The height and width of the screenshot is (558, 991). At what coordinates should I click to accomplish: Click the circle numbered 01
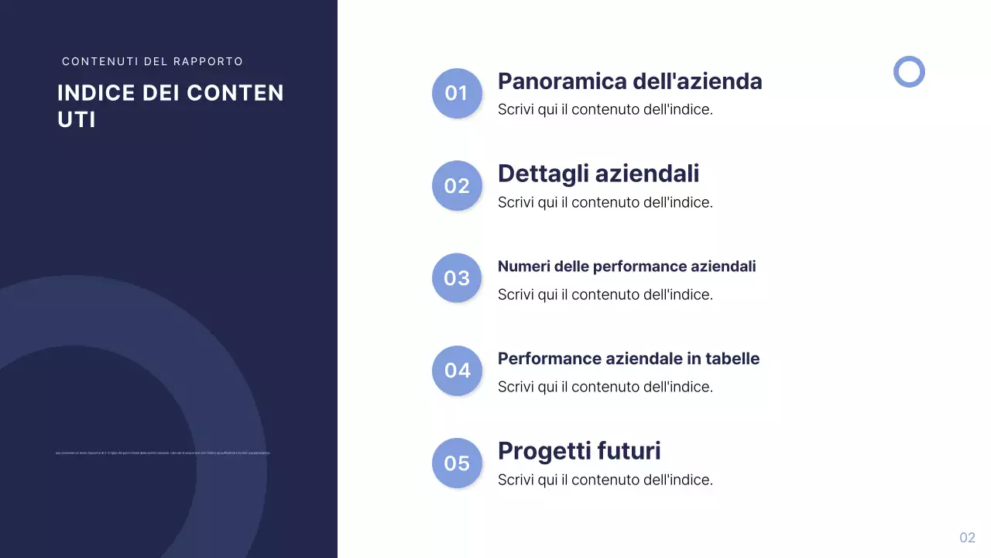point(457,93)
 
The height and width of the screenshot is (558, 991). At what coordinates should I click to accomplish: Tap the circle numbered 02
point(457,186)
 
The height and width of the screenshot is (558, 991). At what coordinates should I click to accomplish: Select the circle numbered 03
point(457,278)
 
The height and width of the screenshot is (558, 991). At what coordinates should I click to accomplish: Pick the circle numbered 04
point(457,370)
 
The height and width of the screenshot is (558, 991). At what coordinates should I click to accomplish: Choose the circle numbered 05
point(457,463)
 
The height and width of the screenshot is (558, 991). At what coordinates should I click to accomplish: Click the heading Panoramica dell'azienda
point(629,81)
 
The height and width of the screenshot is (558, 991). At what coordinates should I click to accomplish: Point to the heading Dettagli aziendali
point(598,174)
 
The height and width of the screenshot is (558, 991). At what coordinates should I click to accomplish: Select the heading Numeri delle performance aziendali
point(626,267)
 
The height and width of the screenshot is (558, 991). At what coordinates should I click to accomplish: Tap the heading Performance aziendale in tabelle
point(628,359)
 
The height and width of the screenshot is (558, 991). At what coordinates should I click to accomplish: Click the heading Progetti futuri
point(578,451)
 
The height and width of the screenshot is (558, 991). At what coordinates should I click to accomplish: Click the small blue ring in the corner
point(909,71)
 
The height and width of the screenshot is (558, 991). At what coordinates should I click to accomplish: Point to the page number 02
point(967,538)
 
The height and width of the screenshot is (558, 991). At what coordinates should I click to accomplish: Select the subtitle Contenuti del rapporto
point(153,61)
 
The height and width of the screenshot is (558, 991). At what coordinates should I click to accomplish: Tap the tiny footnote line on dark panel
point(163,453)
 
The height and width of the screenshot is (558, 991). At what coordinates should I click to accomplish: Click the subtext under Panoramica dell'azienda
point(605,110)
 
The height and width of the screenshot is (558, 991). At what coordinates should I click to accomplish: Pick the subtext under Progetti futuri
point(605,480)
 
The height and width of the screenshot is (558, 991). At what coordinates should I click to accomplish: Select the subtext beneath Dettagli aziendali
point(605,203)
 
